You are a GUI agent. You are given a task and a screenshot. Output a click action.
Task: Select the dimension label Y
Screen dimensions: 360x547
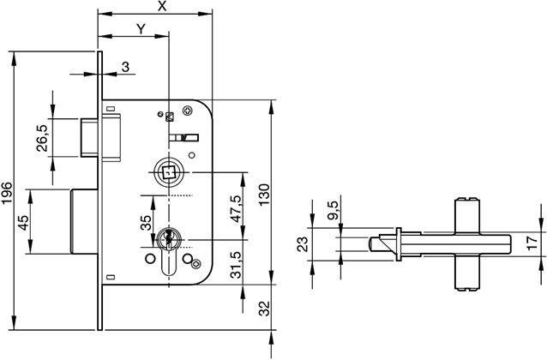(x=140, y=28)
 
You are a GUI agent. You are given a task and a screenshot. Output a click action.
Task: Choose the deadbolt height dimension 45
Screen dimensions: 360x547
(x=23, y=220)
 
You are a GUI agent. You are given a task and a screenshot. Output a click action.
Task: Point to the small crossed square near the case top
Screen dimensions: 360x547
(x=170, y=117)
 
